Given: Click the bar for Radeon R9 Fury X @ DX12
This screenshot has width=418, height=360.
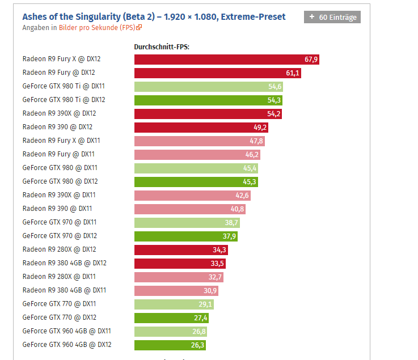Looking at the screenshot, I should point(226,60).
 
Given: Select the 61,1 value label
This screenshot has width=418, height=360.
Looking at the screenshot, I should point(293,73).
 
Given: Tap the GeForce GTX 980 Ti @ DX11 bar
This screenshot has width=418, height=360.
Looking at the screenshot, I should point(208,87).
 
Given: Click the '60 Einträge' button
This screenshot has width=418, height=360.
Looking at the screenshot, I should point(332,17).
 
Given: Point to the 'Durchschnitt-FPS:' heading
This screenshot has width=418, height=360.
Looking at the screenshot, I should point(162,47).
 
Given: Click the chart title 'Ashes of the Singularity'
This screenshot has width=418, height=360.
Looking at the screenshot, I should point(154,17).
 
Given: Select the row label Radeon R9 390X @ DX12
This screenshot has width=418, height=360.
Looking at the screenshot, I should point(59,113).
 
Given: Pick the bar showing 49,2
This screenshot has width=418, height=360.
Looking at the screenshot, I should point(201,128).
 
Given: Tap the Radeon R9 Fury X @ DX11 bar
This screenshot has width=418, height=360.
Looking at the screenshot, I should point(199,141).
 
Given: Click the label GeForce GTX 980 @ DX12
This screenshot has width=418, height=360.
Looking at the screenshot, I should point(60,181).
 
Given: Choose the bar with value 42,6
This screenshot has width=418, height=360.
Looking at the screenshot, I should point(192,196).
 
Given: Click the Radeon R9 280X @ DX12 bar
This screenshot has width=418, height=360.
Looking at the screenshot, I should point(181,250).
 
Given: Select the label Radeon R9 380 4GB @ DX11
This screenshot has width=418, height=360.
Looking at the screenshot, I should point(64,290).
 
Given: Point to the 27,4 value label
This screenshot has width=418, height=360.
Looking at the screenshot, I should point(201,318).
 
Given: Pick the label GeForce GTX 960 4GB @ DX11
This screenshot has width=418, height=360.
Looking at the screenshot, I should point(67,331).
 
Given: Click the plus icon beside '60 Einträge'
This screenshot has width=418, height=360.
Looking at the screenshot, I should point(312,17).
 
